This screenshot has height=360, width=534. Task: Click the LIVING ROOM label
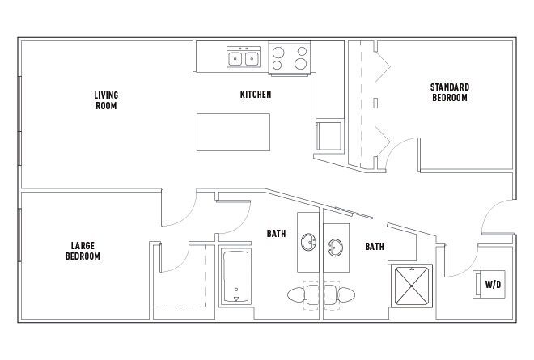point(106,100)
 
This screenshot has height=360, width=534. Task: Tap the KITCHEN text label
point(256,95)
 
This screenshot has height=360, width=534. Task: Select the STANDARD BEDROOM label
point(450,92)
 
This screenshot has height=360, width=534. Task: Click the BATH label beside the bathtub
point(276,234)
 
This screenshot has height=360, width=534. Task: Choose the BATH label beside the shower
point(374,247)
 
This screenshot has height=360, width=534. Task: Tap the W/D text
point(493,285)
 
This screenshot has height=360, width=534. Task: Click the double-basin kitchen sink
point(244,57)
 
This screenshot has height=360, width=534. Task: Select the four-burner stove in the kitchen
point(289,57)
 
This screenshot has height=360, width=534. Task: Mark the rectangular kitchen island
point(233,132)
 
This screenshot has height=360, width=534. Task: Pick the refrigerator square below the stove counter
point(329,136)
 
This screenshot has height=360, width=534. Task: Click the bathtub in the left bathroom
point(235,277)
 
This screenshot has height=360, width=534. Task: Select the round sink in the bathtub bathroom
point(309,242)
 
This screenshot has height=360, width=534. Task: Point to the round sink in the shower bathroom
point(336,246)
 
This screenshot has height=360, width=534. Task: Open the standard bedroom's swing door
point(401,152)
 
